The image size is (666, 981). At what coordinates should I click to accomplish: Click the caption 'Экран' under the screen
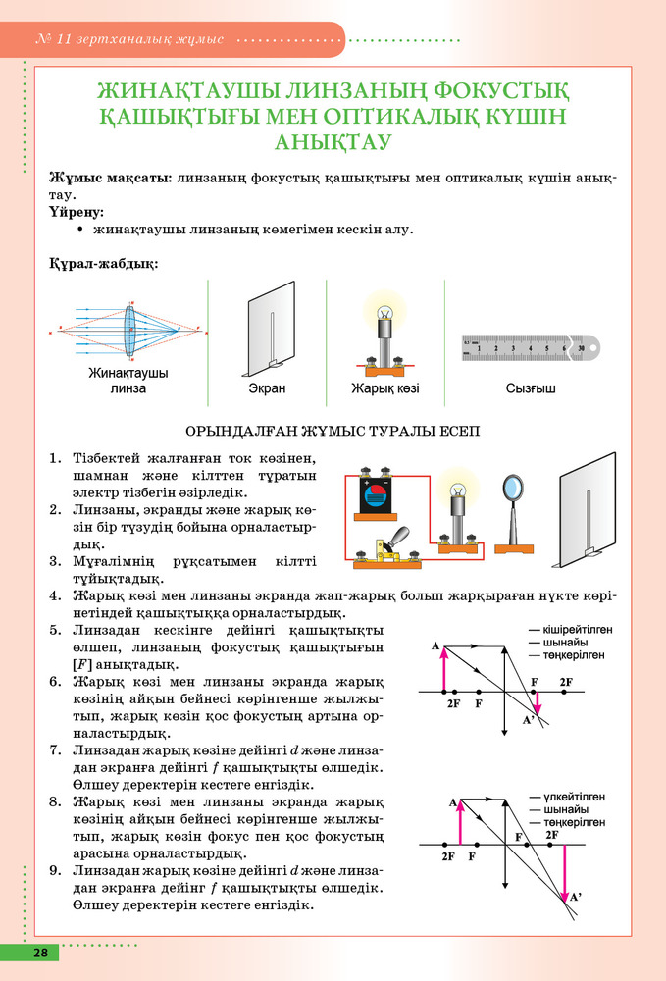(266, 388)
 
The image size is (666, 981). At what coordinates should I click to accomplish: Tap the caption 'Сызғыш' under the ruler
(531, 388)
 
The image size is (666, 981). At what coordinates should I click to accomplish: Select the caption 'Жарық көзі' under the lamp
(385, 388)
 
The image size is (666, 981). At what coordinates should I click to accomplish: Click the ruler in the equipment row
(531, 347)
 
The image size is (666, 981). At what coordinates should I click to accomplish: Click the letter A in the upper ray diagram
(435, 646)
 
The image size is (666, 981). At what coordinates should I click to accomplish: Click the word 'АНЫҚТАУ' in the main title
(333, 142)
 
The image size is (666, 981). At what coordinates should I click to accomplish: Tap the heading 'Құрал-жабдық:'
(102, 263)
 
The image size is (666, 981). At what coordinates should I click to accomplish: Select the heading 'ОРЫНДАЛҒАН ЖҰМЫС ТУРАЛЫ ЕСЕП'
(333, 431)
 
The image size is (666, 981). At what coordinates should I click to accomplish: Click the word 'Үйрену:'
(76, 211)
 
